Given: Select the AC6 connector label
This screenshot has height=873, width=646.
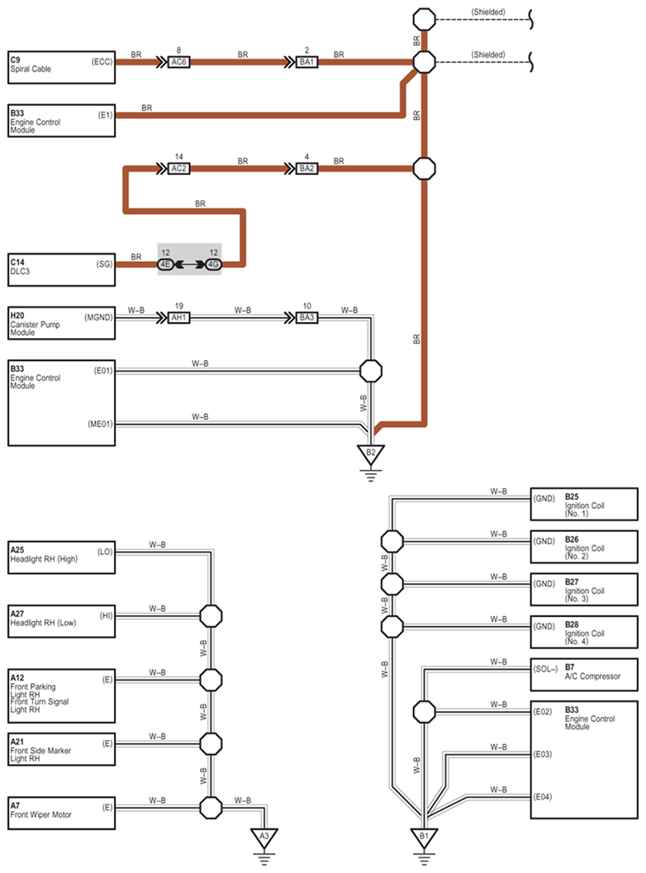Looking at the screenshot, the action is tap(178, 62).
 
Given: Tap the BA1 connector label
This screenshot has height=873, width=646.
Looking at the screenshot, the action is tap(306, 62).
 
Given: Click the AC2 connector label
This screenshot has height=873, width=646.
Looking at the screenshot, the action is tap(178, 168).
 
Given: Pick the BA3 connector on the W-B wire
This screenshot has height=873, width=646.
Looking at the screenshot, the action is tap(306, 317).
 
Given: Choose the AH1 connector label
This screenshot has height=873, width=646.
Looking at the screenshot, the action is tap(178, 317).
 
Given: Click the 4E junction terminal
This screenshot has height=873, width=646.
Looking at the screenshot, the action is tap(165, 264).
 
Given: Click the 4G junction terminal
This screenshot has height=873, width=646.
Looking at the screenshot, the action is tap(214, 264).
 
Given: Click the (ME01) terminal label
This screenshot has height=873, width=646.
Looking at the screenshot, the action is tap(100, 424).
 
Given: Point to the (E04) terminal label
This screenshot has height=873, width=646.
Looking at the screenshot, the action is tap(543, 797).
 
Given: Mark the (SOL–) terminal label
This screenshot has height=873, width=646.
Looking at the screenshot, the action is tap(545, 669).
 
